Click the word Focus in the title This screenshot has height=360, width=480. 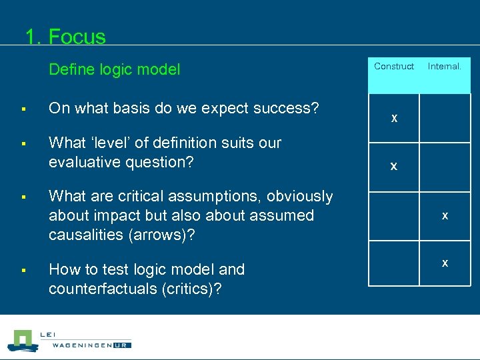(77, 36)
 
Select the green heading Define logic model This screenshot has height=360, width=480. (114, 69)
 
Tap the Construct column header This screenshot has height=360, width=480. (393, 66)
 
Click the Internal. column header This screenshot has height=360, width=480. (444, 66)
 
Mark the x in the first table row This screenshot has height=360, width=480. (394, 118)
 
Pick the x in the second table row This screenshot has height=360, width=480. (393, 166)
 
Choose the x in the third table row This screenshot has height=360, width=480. (445, 215)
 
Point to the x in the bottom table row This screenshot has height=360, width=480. (445, 263)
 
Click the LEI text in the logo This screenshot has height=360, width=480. (48, 334)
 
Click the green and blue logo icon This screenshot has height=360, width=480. (22, 341)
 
